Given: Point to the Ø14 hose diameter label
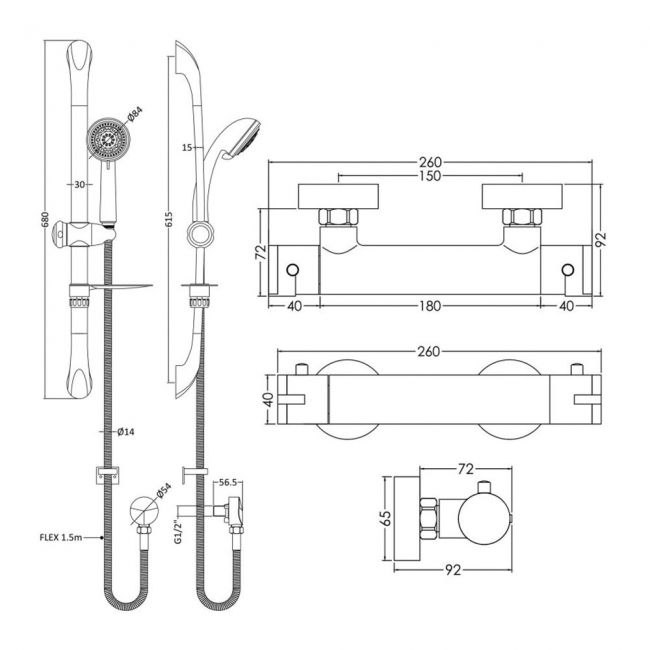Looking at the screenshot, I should [126, 432].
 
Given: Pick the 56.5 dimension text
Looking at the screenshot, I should [229, 481].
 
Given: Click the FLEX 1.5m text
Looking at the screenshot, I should [59, 538].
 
